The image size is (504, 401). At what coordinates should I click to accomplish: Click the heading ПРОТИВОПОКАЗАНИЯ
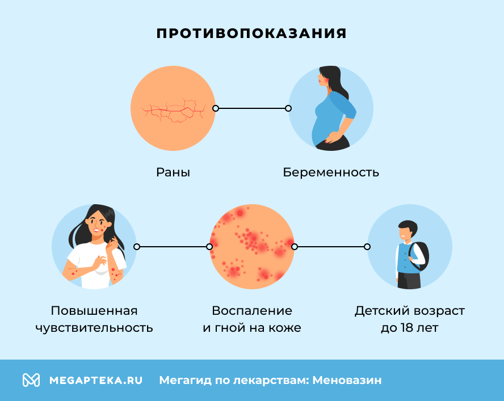click(x=251, y=33)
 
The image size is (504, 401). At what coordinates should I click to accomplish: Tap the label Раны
click(x=173, y=172)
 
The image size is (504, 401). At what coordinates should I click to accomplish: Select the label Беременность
click(x=331, y=172)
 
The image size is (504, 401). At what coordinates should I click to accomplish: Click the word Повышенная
click(x=94, y=311)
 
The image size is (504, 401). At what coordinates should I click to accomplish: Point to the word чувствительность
click(x=94, y=328)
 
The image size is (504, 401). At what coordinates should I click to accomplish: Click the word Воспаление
click(x=252, y=311)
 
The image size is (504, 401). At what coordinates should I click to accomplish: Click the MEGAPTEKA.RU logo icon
click(x=31, y=380)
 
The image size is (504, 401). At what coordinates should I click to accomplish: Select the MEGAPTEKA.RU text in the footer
click(x=96, y=380)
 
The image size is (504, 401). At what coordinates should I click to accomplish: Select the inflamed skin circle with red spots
click(x=252, y=247)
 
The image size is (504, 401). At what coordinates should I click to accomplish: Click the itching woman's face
click(x=97, y=223)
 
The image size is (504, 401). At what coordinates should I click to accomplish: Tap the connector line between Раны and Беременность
click(x=252, y=108)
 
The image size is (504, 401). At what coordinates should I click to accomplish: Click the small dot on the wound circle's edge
click(x=216, y=108)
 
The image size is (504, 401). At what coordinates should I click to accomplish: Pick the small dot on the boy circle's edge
click(x=367, y=247)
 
